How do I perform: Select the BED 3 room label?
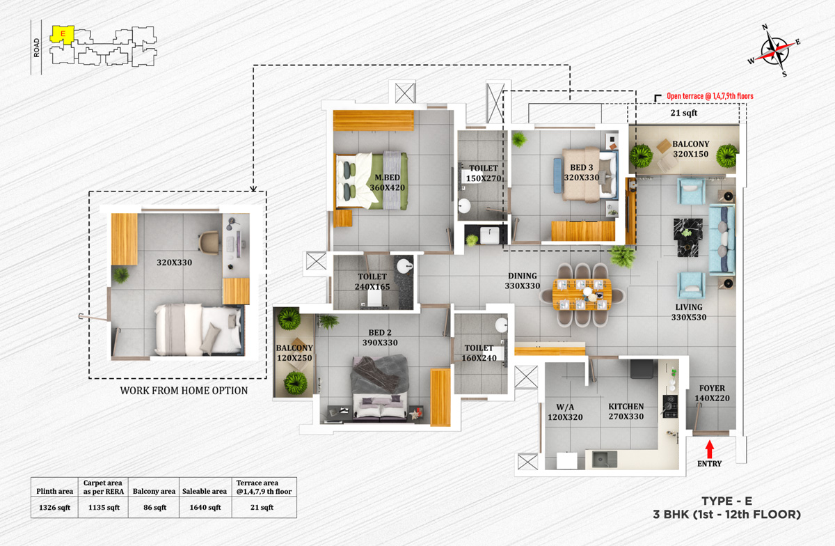coord(582,173)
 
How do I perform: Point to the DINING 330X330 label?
coord(523,281)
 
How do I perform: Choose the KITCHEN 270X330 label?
coord(626,412)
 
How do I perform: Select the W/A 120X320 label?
coord(565,412)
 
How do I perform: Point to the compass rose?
coord(775,50)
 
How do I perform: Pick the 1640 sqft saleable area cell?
coord(205,507)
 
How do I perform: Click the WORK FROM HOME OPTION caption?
coord(184,391)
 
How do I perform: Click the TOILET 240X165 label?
coord(372,281)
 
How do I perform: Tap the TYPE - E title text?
coord(728,500)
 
